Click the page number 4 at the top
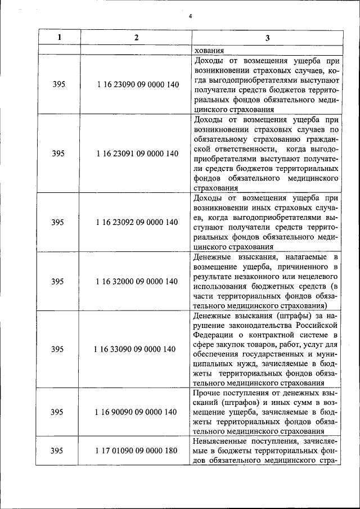tap(191, 16)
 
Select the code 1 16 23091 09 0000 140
tap(138, 154)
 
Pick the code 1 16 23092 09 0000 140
tap(138, 222)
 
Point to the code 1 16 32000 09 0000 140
tap(138, 281)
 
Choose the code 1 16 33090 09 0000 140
tap(138, 349)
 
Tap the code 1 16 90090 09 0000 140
tap(138, 412)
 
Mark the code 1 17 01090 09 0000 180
tap(138, 451)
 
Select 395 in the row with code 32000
tap(58, 281)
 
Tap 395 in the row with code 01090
tap(58, 451)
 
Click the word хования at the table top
tap(208, 49)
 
